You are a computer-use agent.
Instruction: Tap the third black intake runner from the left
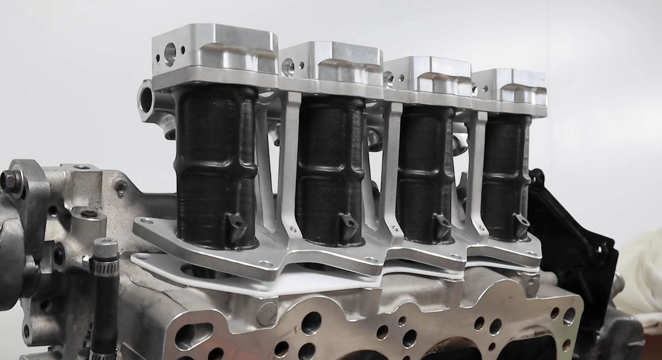tap(425, 170)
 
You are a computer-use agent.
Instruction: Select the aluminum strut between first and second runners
tap(290, 166)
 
